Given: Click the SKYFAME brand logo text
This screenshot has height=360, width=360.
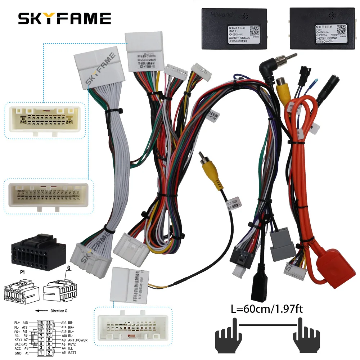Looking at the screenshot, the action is tap(64, 18).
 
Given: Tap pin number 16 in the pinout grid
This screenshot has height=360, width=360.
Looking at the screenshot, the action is tap(49, 322).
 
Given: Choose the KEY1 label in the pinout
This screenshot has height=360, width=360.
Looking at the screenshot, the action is tap(18, 339).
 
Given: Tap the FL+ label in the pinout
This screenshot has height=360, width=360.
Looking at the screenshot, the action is tap(17, 323).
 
